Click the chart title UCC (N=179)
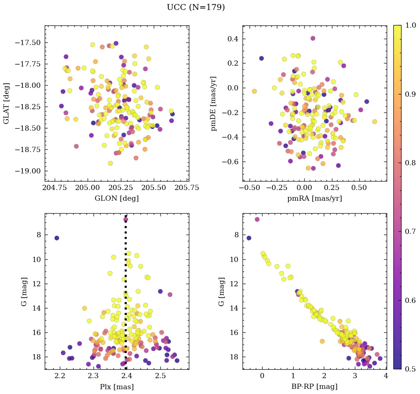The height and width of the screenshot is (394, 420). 196,7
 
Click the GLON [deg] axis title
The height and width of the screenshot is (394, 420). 116,198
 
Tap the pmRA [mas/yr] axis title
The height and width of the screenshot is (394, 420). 314,198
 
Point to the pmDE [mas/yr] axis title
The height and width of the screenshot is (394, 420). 214,104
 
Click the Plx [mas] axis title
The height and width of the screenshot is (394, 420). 116,387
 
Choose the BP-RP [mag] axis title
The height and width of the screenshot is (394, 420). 314,387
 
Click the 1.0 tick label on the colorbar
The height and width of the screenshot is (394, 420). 410,25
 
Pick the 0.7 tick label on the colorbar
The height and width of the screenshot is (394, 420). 410,231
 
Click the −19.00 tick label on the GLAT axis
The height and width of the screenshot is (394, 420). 28,171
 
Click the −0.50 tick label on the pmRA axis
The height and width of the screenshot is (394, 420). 250,187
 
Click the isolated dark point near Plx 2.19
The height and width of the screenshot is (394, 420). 57,238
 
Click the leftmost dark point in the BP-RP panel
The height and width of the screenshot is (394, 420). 249,238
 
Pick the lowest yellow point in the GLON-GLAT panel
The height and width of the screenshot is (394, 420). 110,163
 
